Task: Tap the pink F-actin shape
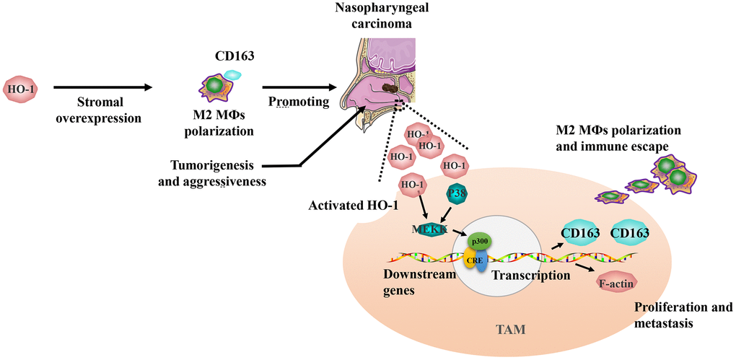click(617, 284)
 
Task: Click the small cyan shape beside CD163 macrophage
click(233, 74)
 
